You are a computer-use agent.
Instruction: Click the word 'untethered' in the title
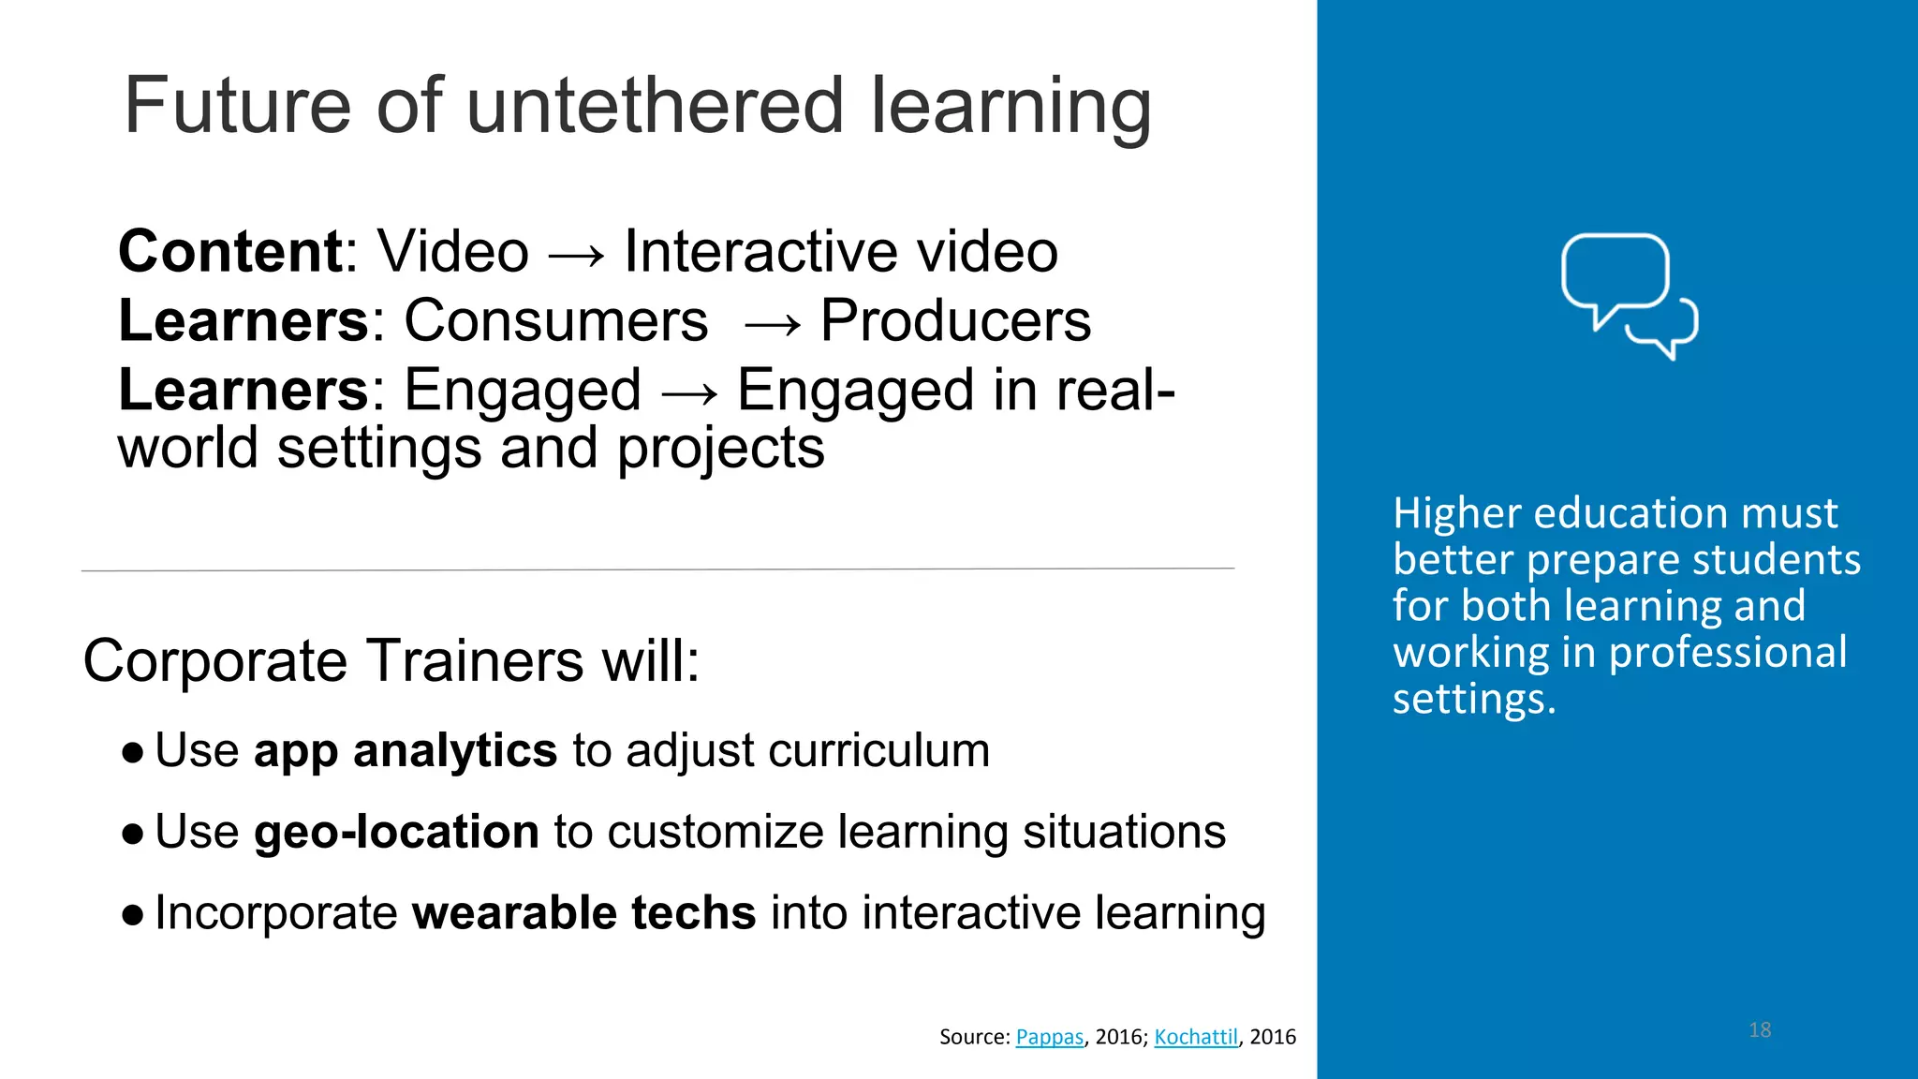(x=655, y=106)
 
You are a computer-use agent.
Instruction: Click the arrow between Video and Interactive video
(x=576, y=254)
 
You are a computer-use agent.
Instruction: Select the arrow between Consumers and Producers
(x=772, y=324)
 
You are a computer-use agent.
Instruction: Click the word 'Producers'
(x=955, y=321)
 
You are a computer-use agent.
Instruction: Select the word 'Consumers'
(x=555, y=321)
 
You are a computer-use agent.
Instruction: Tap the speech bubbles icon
(x=1630, y=295)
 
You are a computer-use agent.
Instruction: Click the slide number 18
(x=1760, y=1030)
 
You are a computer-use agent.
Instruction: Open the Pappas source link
(x=1049, y=1037)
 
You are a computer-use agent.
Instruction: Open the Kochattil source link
(x=1196, y=1037)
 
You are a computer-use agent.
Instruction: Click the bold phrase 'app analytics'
(x=406, y=751)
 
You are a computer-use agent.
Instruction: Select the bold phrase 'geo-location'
(x=396, y=832)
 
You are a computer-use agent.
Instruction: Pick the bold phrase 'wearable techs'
(x=583, y=913)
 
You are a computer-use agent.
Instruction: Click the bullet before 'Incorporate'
(x=133, y=914)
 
